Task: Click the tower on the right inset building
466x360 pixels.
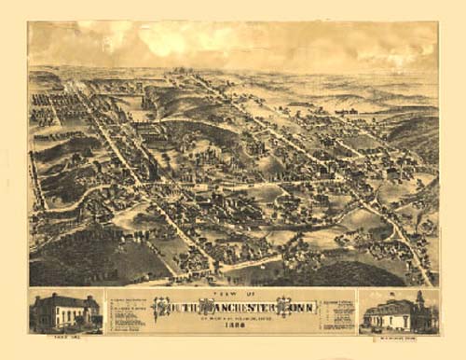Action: (x=418, y=300)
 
